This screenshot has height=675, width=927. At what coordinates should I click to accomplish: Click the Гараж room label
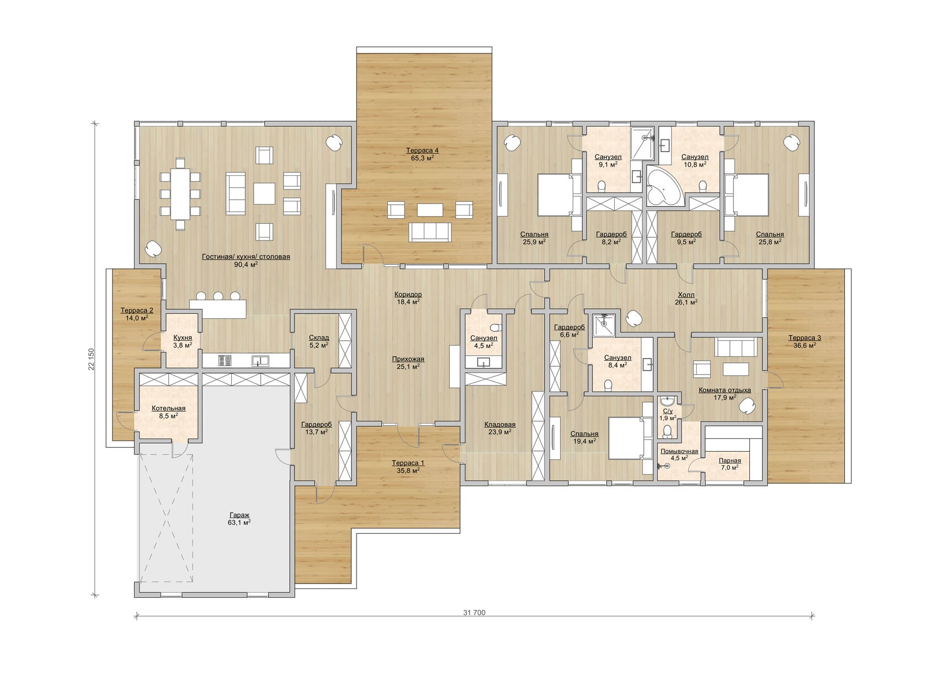point(239,515)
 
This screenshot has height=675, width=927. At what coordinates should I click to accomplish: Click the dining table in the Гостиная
point(180,194)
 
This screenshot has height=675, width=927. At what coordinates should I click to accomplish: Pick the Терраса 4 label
point(422,151)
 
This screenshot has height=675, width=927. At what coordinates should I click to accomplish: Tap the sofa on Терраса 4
point(429,232)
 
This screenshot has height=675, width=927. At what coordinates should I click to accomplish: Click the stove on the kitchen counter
point(225,361)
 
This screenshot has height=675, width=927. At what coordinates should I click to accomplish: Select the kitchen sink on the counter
point(260,361)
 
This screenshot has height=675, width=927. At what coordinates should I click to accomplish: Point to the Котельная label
point(168,408)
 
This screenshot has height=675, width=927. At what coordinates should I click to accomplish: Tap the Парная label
point(729,460)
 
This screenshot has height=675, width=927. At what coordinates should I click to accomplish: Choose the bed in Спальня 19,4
point(629,438)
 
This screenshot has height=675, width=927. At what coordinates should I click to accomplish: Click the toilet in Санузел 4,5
point(494,328)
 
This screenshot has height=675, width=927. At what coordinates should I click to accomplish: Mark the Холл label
point(686,295)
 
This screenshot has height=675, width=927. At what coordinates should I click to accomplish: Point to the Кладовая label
point(500,425)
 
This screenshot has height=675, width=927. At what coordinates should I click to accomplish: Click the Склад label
point(319,337)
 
